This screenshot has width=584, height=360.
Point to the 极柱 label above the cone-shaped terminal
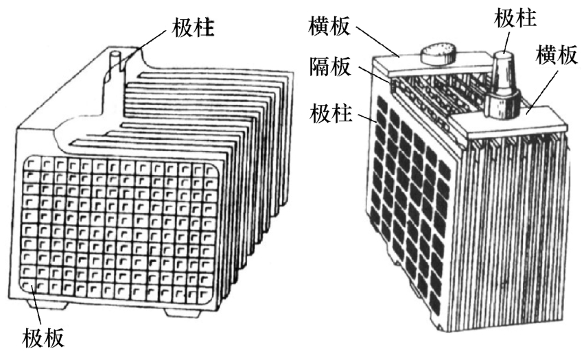click(515, 17)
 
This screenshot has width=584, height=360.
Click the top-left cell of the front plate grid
click(32, 165)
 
